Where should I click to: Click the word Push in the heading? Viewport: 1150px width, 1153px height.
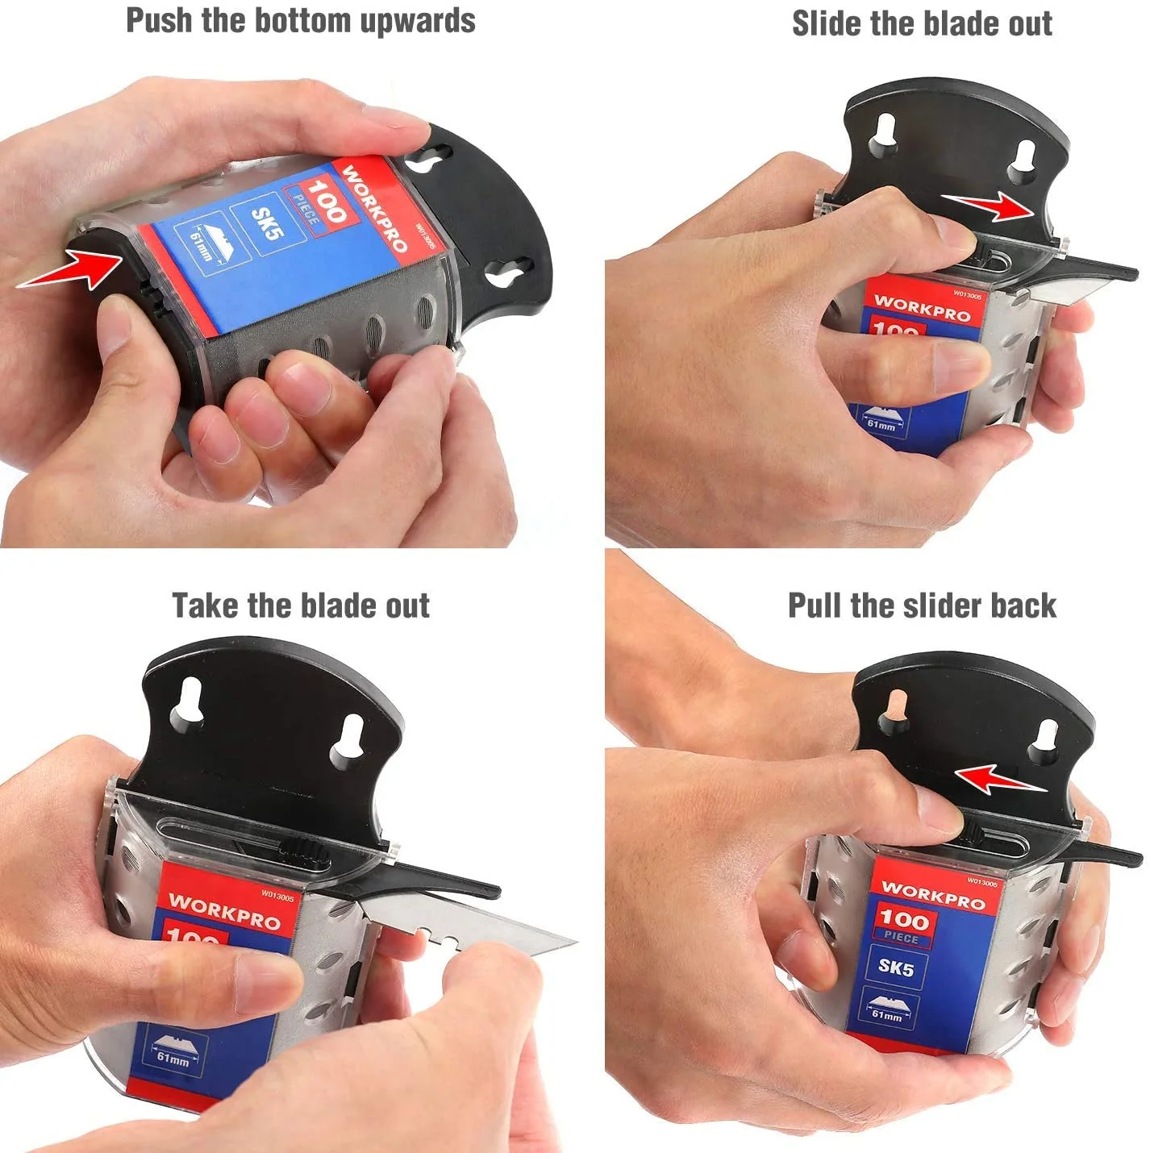point(159,20)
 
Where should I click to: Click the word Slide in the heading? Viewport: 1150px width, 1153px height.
point(827,23)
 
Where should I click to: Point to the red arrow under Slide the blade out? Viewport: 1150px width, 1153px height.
point(987,206)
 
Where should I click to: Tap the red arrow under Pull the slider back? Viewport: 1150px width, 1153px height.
point(1001,779)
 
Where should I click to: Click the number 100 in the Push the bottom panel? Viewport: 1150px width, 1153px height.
point(325,201)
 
